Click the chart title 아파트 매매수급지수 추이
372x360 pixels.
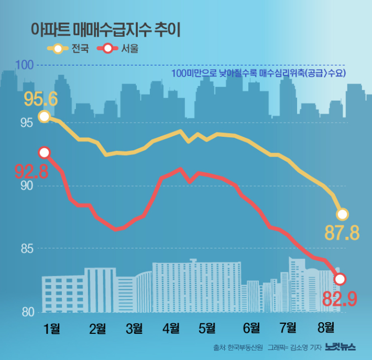(105, 29)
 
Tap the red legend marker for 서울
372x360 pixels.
(109, 49)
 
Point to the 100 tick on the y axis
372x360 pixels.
(25, 65)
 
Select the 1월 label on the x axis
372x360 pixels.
(52, 329)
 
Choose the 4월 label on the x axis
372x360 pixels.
(171, 329)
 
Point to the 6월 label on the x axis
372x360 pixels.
(251, 329)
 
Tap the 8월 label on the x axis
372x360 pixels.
(326, 329)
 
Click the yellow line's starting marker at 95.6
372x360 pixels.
(45, 116)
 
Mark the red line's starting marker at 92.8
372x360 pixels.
(45, 152)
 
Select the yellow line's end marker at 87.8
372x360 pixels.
(342, 214)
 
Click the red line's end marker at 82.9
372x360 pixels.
(340, 279)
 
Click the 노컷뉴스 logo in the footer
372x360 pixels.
(340, 347)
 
